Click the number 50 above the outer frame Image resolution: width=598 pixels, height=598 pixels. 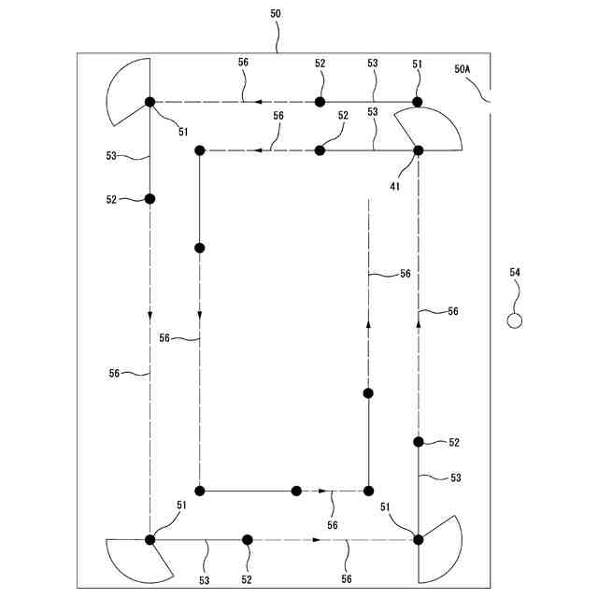click(x=277, y=14)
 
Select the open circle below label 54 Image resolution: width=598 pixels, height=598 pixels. click(x=514, y=320)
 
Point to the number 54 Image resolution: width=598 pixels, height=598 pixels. click(x=515, y=273)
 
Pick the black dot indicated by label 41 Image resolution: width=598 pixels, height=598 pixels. click(x=418, y=149)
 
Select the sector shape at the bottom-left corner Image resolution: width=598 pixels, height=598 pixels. click(x=135, y=559)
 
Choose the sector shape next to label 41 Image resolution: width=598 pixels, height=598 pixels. click(x=432, y=129)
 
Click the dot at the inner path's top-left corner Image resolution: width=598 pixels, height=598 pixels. click(x=199, y=149)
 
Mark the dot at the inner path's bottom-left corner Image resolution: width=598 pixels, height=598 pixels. click(x=199, y=491)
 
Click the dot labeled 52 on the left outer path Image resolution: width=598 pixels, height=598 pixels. click(x=149, y=198)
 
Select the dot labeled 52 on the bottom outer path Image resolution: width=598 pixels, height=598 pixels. click(x=248, y=539)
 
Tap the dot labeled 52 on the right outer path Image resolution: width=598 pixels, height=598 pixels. click(x=418, y=441)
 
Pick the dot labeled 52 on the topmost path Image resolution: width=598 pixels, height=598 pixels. click(x=320, y=101)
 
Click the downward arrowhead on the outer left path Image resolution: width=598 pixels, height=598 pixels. click(x=149, y=315)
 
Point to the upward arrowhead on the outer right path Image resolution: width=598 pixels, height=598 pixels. click(x=418, y=320)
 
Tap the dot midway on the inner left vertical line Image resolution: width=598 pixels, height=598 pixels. click(x=199, y=248)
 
